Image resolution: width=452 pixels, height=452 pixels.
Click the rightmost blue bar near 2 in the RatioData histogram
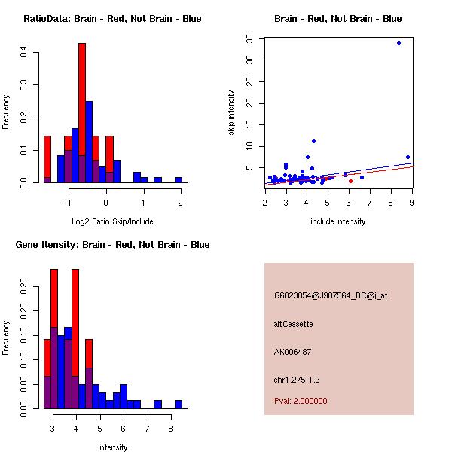tap(179, 180)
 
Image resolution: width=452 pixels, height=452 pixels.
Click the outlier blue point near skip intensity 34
tap(399, 43)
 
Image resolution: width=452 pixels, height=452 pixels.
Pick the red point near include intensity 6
tap(350, 181)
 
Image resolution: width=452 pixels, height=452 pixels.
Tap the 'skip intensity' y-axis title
tap(231, 113)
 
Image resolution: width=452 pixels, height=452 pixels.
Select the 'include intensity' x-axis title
tap(338, 221)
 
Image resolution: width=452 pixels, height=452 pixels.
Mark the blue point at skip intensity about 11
tap(313, 141)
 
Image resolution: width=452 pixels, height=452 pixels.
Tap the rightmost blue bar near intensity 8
tap(179, 405)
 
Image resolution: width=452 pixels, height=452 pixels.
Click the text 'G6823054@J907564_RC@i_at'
tap(331, 296)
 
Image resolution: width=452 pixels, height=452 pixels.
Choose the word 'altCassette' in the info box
tap(293, 324)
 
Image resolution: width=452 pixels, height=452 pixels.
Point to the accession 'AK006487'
tap(293, 352)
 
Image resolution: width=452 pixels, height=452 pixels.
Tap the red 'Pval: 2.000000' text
tap(301, 401)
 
